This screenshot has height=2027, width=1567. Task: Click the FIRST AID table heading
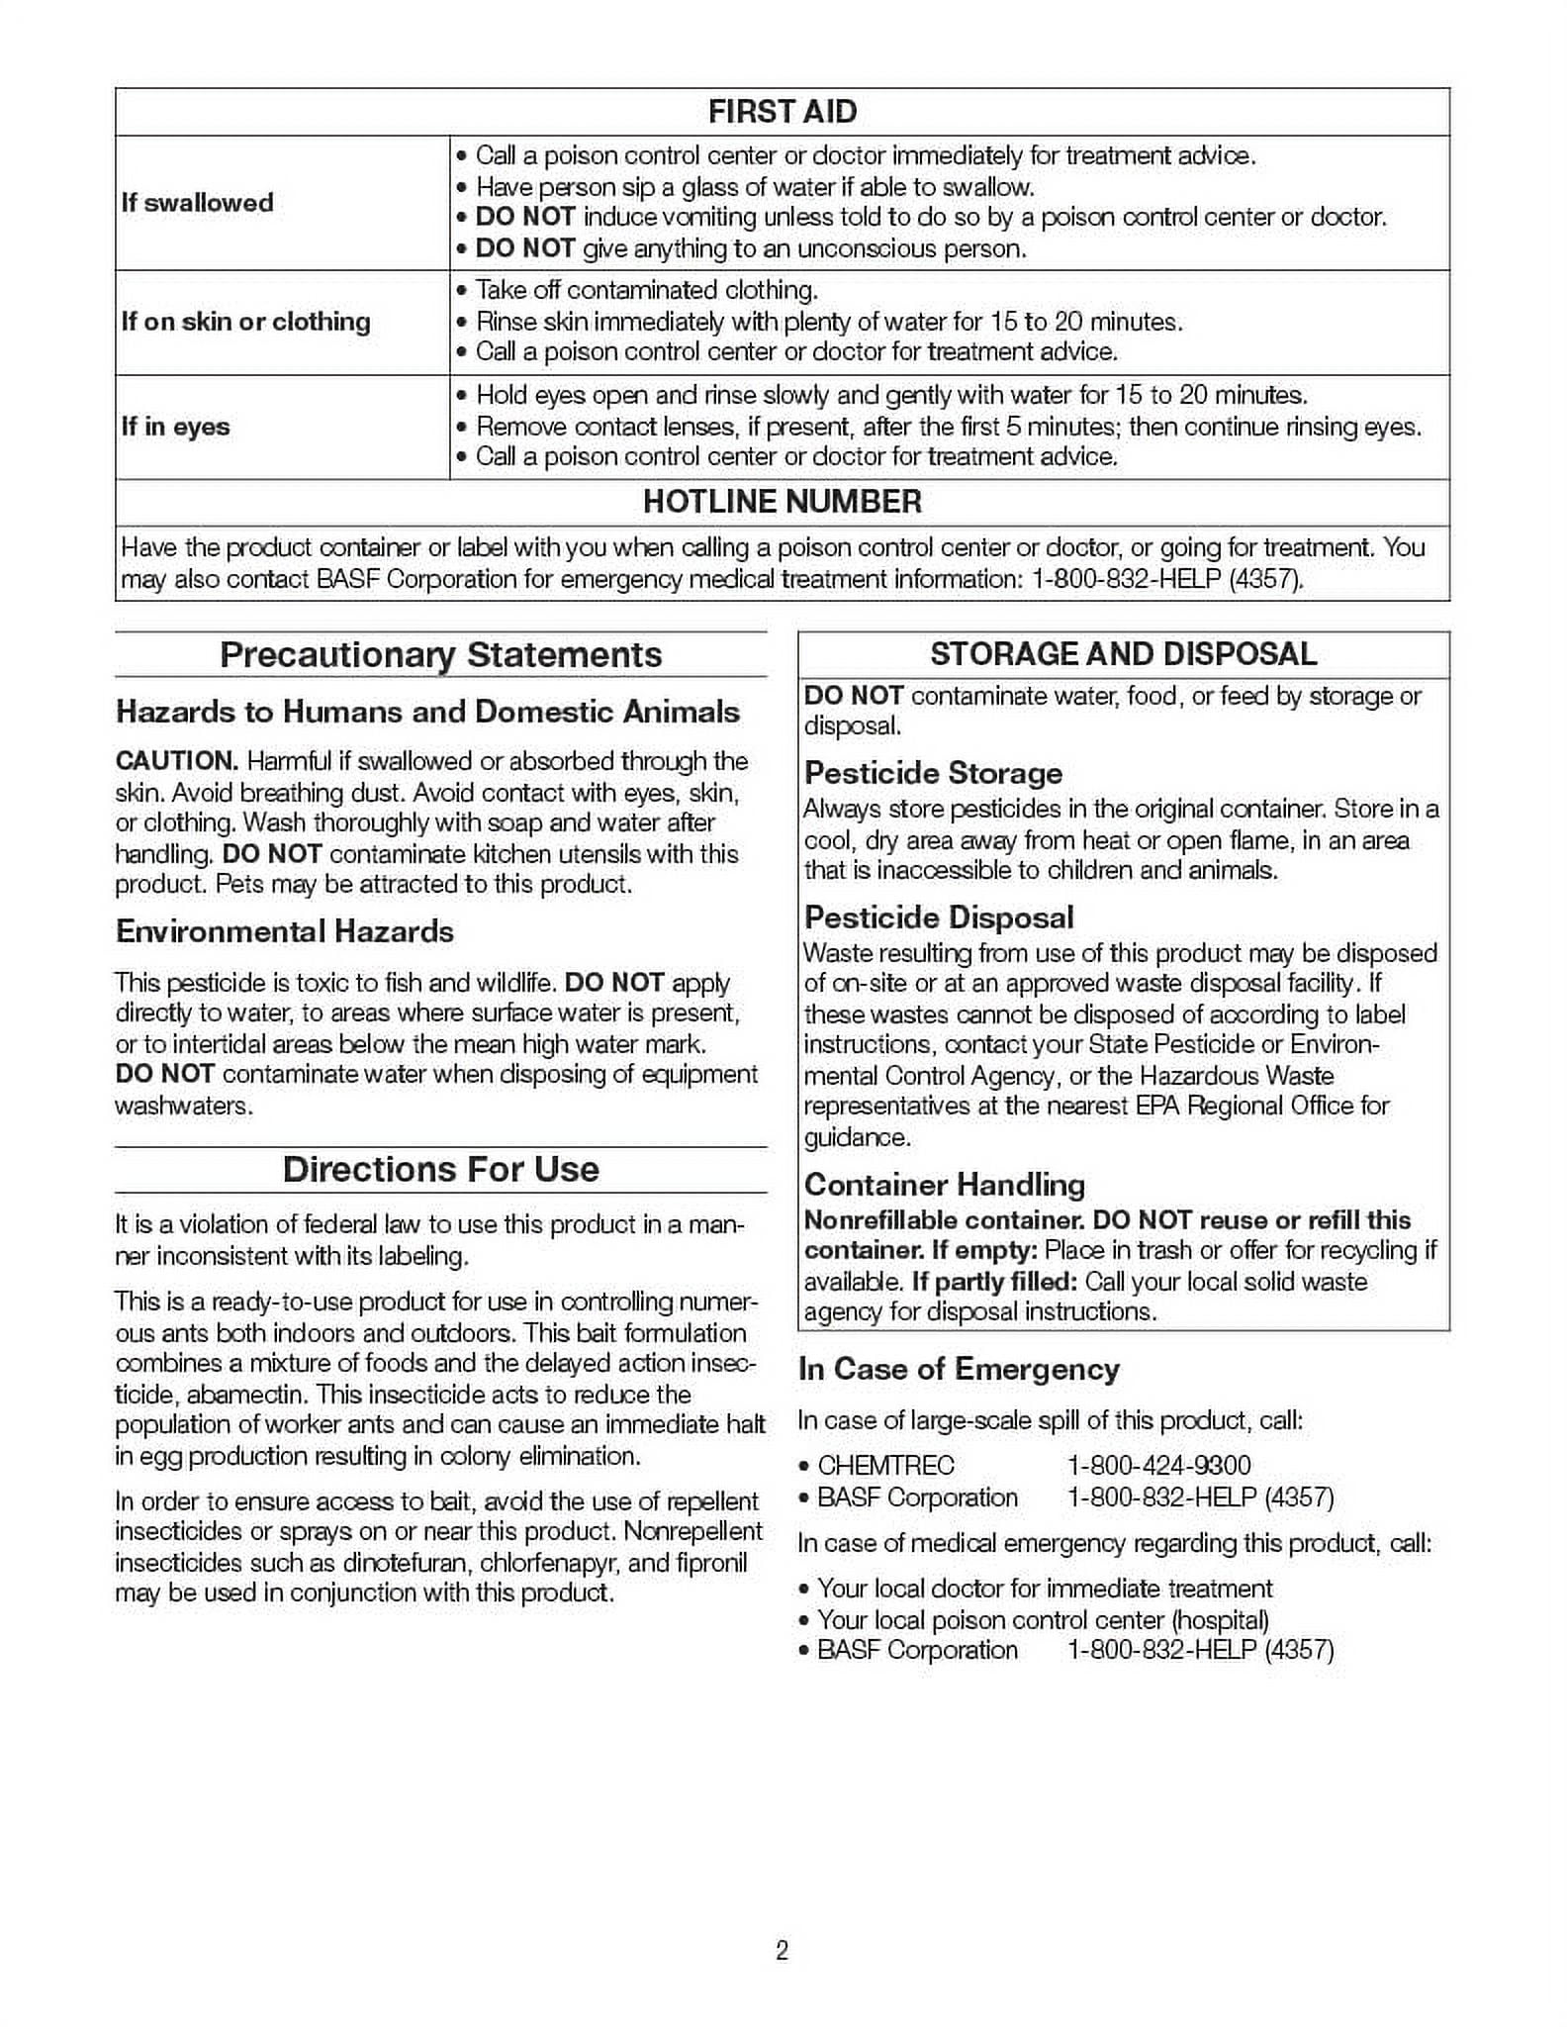click(782, 112)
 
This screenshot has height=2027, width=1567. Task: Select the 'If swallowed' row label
click(197, 203)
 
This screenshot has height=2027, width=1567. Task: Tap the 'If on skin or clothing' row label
click(245, 322)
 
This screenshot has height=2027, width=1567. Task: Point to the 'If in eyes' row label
click(175, 427)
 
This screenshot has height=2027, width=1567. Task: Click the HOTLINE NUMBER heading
click(782, 502)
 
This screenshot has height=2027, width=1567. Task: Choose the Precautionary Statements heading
click(440, 655)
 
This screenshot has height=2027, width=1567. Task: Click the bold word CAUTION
click(176, 761)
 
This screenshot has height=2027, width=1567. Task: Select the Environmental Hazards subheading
click(284, 931)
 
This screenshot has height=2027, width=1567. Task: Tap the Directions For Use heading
click(440, 1169)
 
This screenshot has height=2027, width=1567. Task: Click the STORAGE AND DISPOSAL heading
click(1123, 654)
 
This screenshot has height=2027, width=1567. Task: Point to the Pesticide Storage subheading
click(933, 773)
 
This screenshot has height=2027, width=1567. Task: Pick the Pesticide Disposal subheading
click(938, 917)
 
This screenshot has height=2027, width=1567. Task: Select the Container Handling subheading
click(944, 1185)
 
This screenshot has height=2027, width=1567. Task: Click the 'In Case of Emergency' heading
click(958, 1370)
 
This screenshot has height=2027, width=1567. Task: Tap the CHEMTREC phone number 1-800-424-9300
click(1158, 1466)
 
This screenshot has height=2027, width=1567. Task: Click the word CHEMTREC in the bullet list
click(885, 1466)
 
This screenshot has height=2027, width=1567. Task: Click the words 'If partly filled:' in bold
click(993, 1282)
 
